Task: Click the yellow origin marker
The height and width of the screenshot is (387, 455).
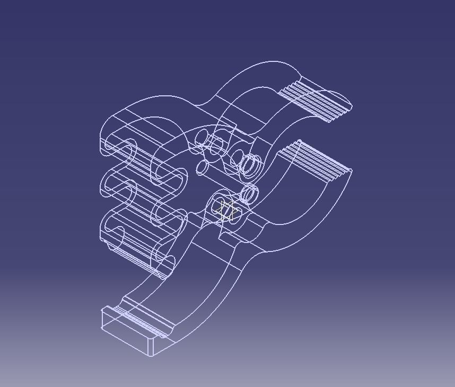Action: (226, 212)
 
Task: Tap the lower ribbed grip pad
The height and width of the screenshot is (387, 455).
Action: (317, 161)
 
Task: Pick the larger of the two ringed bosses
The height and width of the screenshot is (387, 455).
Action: (250, 165)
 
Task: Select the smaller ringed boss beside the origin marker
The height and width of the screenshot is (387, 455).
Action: (250, 194)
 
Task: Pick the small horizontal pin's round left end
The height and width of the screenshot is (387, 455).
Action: (202, 168)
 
